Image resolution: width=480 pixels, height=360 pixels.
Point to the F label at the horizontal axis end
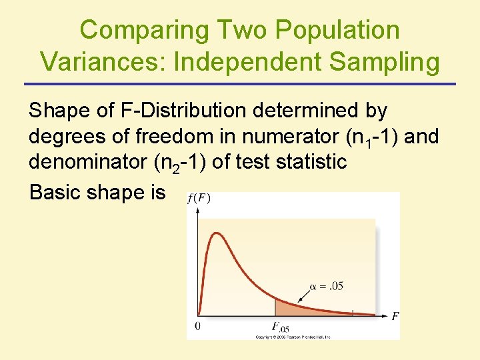(x=395, y=315)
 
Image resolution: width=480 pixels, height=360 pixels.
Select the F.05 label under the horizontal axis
(x=280, y=327)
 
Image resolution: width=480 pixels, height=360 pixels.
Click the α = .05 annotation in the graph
(x=327, y=287)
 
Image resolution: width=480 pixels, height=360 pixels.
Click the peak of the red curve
(x=215, y=233)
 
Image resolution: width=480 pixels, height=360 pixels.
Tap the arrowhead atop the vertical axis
(x=197, y=209)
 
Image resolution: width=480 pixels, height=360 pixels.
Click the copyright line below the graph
(x=293, y=337)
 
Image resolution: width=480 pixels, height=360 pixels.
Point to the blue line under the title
(x=240, y=84)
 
